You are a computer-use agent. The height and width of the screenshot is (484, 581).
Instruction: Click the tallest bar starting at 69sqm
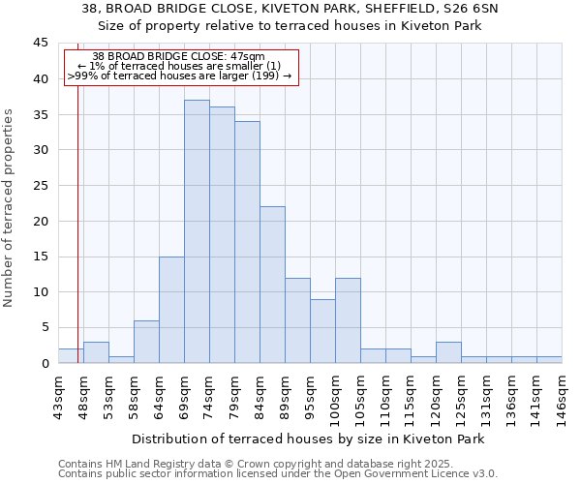coord(197,231)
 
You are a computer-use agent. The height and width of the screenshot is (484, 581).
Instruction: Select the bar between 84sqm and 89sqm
coord(272,285)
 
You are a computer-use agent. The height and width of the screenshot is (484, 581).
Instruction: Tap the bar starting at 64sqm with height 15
coord(171,310)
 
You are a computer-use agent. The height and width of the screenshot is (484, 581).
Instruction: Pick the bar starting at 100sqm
coord(348,320)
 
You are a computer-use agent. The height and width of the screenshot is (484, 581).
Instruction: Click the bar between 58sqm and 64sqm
coord(146,342)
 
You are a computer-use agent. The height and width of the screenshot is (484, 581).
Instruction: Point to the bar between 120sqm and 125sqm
coord(448,352)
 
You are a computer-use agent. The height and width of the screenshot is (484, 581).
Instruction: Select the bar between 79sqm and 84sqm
coord(247,242)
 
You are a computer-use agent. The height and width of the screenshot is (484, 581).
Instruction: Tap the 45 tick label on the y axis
coord(40,44)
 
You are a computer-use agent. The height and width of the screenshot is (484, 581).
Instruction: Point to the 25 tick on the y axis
coord(40,186)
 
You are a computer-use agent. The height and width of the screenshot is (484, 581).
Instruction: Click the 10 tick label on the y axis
coord(40,292)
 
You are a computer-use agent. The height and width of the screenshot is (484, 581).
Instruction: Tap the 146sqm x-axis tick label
coord(562,397)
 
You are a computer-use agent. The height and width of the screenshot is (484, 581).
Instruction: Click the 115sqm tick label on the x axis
coord(411,397)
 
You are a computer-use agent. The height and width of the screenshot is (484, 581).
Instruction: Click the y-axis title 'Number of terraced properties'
coord(9,207)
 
